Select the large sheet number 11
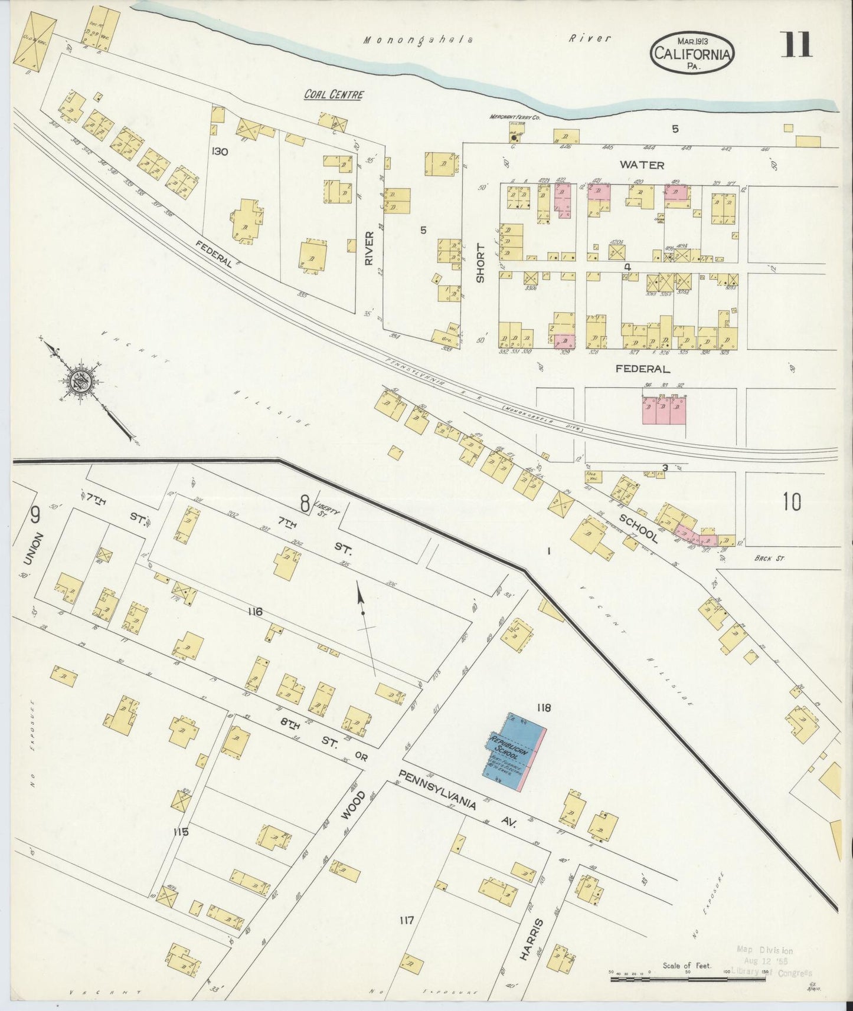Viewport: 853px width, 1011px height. pos(796,45)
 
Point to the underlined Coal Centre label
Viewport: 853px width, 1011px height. pos(334,94)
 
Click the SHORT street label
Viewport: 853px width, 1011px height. pos(480,263)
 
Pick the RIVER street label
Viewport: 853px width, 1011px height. pos(370,248)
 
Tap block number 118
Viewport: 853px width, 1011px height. pos(543,707)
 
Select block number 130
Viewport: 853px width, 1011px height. pos(220,152)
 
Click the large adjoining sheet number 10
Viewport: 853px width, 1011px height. pos(792,502)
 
